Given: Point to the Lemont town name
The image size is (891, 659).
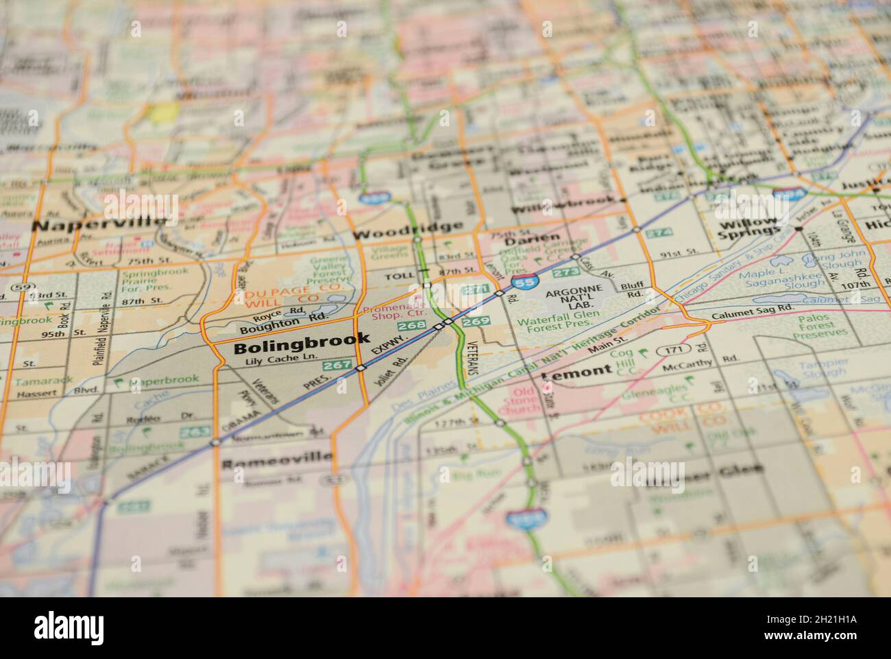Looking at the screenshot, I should pos(576,371).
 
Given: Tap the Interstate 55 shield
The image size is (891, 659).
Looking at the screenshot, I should pos(524,280).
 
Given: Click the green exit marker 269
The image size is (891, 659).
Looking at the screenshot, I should pos(476,321).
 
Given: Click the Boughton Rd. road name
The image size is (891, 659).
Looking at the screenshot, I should pos(280,320).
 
